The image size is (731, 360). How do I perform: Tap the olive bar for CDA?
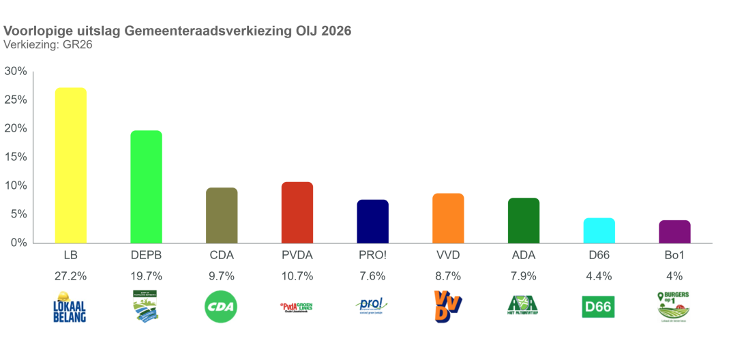222,215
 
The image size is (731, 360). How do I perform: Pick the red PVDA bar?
297,212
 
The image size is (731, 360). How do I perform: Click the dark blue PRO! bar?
372,221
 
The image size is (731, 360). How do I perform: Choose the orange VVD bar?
448,217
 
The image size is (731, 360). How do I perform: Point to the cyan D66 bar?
599,230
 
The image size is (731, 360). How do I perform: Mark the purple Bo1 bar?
674,231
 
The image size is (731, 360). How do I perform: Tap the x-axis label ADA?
524,256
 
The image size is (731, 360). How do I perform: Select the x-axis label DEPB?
146,256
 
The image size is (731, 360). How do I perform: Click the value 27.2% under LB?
70,276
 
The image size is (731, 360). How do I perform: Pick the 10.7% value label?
297,276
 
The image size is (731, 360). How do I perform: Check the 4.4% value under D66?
599,276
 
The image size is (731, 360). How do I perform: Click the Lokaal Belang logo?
70,306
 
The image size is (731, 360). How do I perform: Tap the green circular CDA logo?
222,306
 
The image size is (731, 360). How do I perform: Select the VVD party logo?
448,306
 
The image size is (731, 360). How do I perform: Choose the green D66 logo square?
599,306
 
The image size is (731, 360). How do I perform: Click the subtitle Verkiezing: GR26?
48,45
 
